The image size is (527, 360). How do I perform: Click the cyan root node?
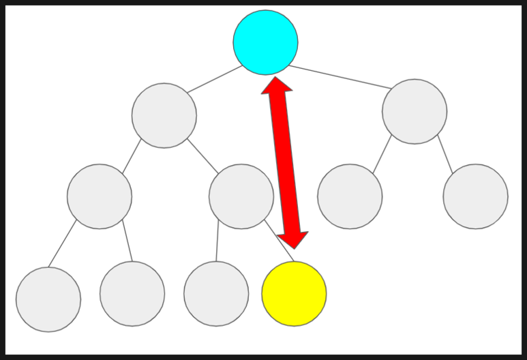265,42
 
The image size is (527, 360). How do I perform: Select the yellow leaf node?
294,294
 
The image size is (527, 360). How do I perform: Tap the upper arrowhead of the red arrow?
277,85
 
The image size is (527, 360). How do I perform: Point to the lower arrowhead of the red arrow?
292,239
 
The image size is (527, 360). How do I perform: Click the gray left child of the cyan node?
164,115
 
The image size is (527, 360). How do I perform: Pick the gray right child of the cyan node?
415,111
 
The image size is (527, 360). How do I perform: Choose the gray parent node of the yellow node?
241,196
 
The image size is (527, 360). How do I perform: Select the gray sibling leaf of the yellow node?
216,294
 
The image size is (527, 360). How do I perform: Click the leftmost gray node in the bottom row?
48,299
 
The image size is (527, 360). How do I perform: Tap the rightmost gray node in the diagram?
475,196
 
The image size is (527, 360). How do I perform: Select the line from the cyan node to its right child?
341,77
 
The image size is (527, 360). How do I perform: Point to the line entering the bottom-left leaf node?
63,243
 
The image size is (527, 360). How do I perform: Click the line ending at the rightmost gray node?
445,154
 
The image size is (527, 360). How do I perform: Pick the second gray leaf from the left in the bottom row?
132,294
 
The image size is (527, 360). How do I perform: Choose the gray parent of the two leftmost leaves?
100,196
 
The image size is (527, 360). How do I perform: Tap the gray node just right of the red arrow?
350,196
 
